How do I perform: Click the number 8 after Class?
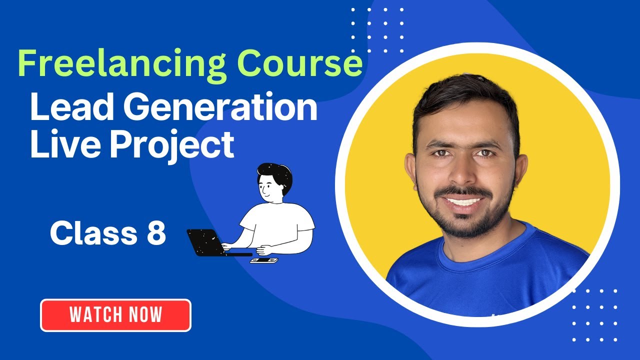coord(156,233)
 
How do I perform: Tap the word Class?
coord(93,233)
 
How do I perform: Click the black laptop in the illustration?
coord(205,242)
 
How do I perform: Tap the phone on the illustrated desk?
coord(263,260)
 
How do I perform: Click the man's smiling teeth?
coord(463,202)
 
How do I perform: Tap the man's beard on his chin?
coord(465,225)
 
